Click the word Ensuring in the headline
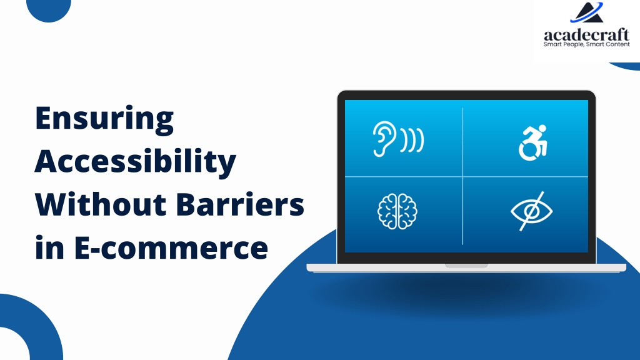point(104,119)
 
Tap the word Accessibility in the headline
point(136,162)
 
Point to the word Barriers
point(241,204)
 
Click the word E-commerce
point(171,247)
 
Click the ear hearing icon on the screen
point(398,139)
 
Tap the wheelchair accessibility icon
point(532,143)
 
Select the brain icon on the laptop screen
point(397,211)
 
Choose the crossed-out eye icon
point(531,211)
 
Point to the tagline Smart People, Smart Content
point(586,44)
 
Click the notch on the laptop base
point(466,266)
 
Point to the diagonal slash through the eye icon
point(531,211)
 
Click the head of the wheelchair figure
point(542,129)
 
